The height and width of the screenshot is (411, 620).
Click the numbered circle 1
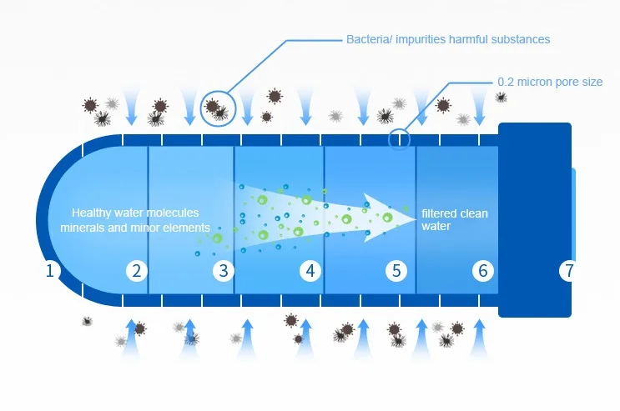(50, 270)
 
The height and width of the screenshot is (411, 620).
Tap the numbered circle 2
(136, 270)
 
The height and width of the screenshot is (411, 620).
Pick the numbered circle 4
(310, 270)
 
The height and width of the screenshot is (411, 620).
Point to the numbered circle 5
(396, 270)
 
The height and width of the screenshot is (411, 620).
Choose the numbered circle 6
(482, 270)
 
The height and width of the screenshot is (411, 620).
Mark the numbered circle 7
(569, 270)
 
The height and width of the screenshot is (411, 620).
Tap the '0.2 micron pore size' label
(549, 82)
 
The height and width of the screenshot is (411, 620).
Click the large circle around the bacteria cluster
(218, 108)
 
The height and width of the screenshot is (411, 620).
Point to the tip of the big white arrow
(415, 216)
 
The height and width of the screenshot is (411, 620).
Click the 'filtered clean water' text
(454, 219)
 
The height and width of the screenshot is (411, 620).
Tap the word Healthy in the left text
(90, 213)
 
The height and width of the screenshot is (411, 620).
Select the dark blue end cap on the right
(534, 219)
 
